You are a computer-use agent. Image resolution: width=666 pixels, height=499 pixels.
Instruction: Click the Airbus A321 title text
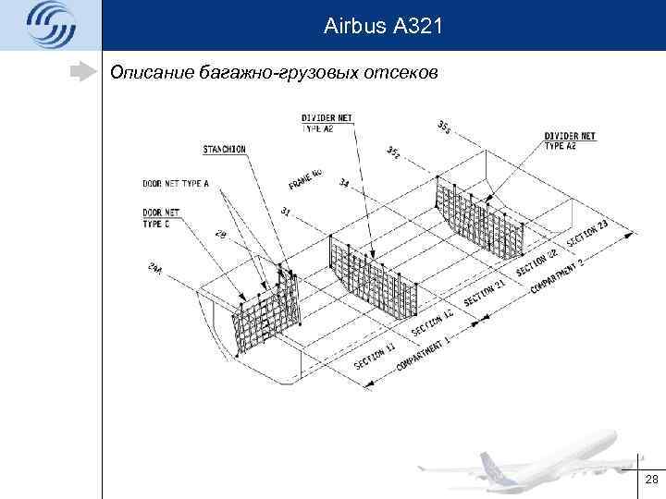[384, 28]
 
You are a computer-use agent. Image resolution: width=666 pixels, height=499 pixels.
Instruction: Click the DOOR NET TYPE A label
[176, 183]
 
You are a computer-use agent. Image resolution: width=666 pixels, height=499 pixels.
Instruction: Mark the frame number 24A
[155, 270]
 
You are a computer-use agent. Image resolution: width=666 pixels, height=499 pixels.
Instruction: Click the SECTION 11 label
[375, 354]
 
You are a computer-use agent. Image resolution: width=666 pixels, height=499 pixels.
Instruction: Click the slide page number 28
[650, 480]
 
